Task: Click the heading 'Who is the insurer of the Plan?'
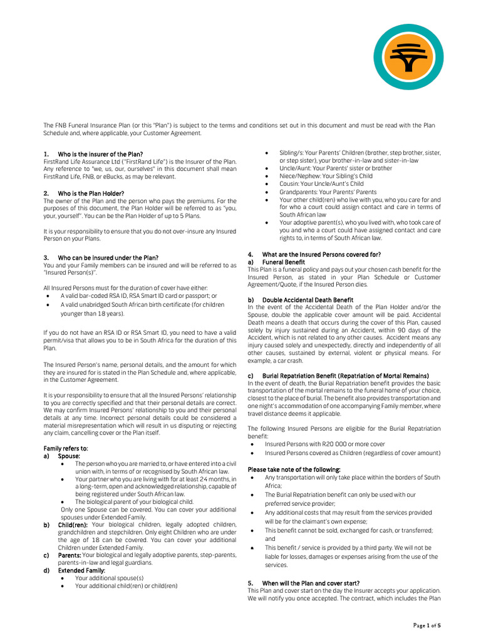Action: click(100, 154)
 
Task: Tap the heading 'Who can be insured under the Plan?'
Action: click(108, 257)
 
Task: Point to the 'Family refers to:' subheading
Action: click(66, 448)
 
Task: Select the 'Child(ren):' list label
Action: click(73, 525)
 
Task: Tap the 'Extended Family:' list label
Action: click(81, 570)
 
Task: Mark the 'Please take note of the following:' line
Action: click(294, 469)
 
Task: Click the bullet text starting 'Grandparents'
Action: click(328, 192)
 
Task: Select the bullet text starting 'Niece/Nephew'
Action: click(326, 177)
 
